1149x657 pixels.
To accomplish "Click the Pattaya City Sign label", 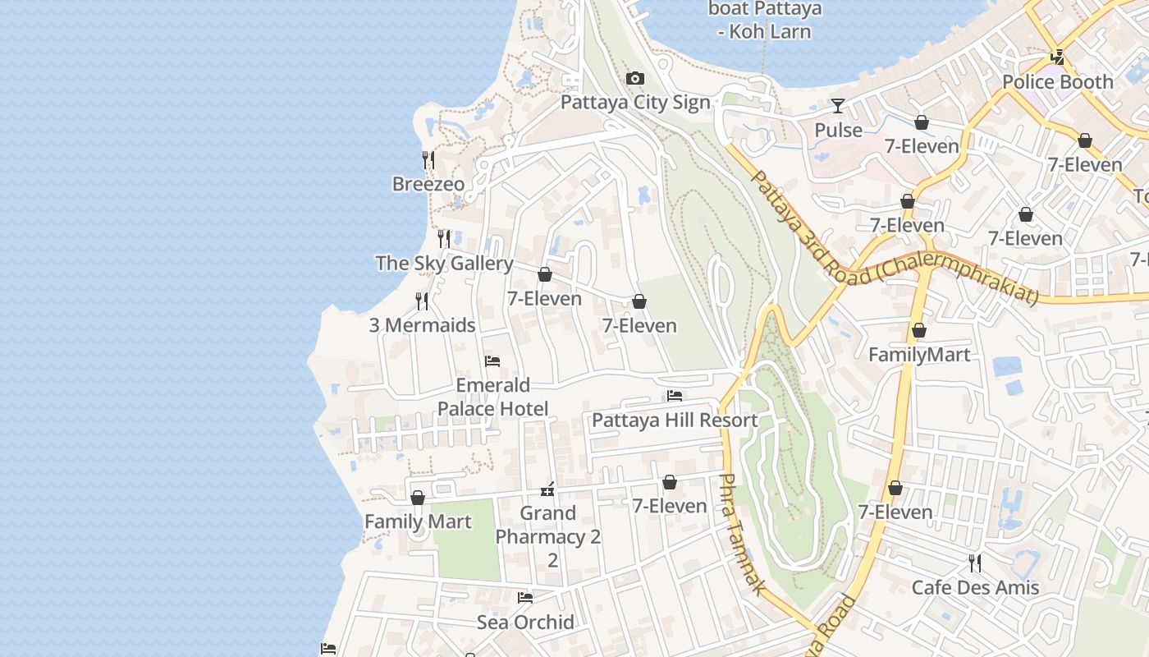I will (634, 103).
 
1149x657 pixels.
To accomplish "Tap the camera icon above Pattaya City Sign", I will (634, 79).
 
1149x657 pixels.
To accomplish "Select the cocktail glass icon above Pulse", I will (837, 106).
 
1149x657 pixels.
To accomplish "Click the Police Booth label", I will (1057, 82).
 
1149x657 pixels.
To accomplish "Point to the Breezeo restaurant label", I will (428, 184).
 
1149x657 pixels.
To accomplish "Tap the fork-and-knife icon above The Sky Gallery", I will (443, 239).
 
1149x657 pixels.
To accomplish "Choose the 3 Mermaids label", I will (422, 325).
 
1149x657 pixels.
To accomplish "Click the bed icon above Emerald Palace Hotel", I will (492, 361).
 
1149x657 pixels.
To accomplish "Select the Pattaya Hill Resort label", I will (675, 420).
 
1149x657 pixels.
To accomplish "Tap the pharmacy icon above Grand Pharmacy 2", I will (547, 490).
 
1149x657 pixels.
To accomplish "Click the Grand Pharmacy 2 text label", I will (548, 537).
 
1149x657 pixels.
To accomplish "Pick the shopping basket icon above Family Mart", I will (418, 498).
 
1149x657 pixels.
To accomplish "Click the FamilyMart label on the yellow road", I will (919, 355).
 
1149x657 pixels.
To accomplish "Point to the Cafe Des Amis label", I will (975, 588).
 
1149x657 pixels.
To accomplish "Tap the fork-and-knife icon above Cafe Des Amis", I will (974, 563).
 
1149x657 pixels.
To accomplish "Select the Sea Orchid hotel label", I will (525, 623).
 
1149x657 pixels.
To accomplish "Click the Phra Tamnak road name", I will (743, 535).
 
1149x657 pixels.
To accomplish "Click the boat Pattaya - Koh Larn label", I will (764, 21).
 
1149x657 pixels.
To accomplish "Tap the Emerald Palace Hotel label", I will (492, 397).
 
